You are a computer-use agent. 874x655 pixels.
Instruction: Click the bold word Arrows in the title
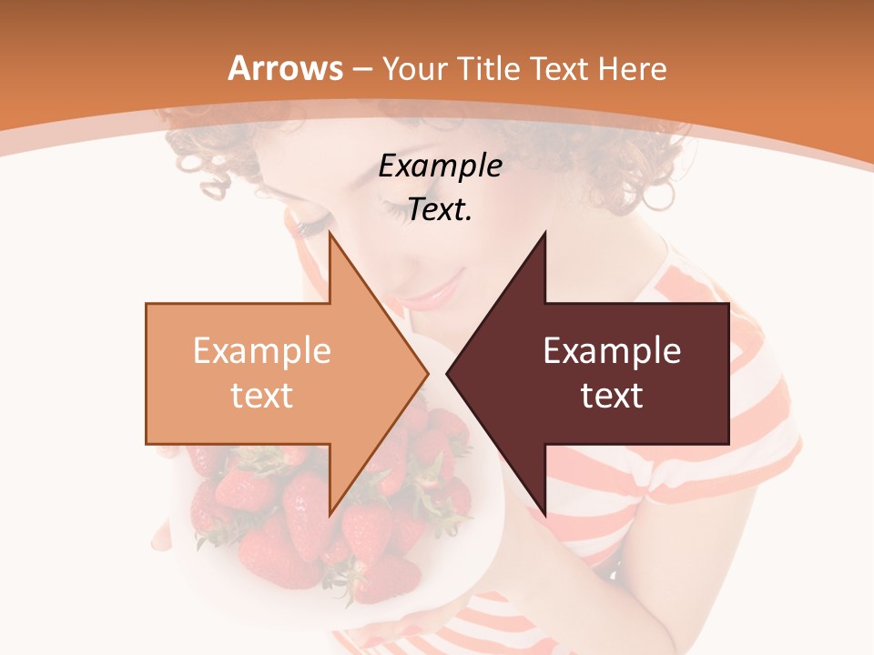tap(286, 68)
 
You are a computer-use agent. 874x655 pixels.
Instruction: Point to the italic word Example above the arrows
tap(440, 166)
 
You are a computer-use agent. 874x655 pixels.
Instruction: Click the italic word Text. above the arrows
tap(440, 210)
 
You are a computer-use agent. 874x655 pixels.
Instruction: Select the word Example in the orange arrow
tap(262, 351)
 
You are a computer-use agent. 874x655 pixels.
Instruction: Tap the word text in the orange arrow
tap(262, 396)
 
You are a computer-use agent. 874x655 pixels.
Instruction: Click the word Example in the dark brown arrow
tap(612, 351)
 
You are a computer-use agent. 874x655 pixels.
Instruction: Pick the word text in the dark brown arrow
tap(612, 396)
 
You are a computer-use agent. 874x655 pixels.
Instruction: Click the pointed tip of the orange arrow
tap(426, 373)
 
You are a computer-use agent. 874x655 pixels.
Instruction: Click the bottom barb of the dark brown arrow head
tap(544, 511)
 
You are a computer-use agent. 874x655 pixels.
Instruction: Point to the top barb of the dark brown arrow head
tap(544, 237)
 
